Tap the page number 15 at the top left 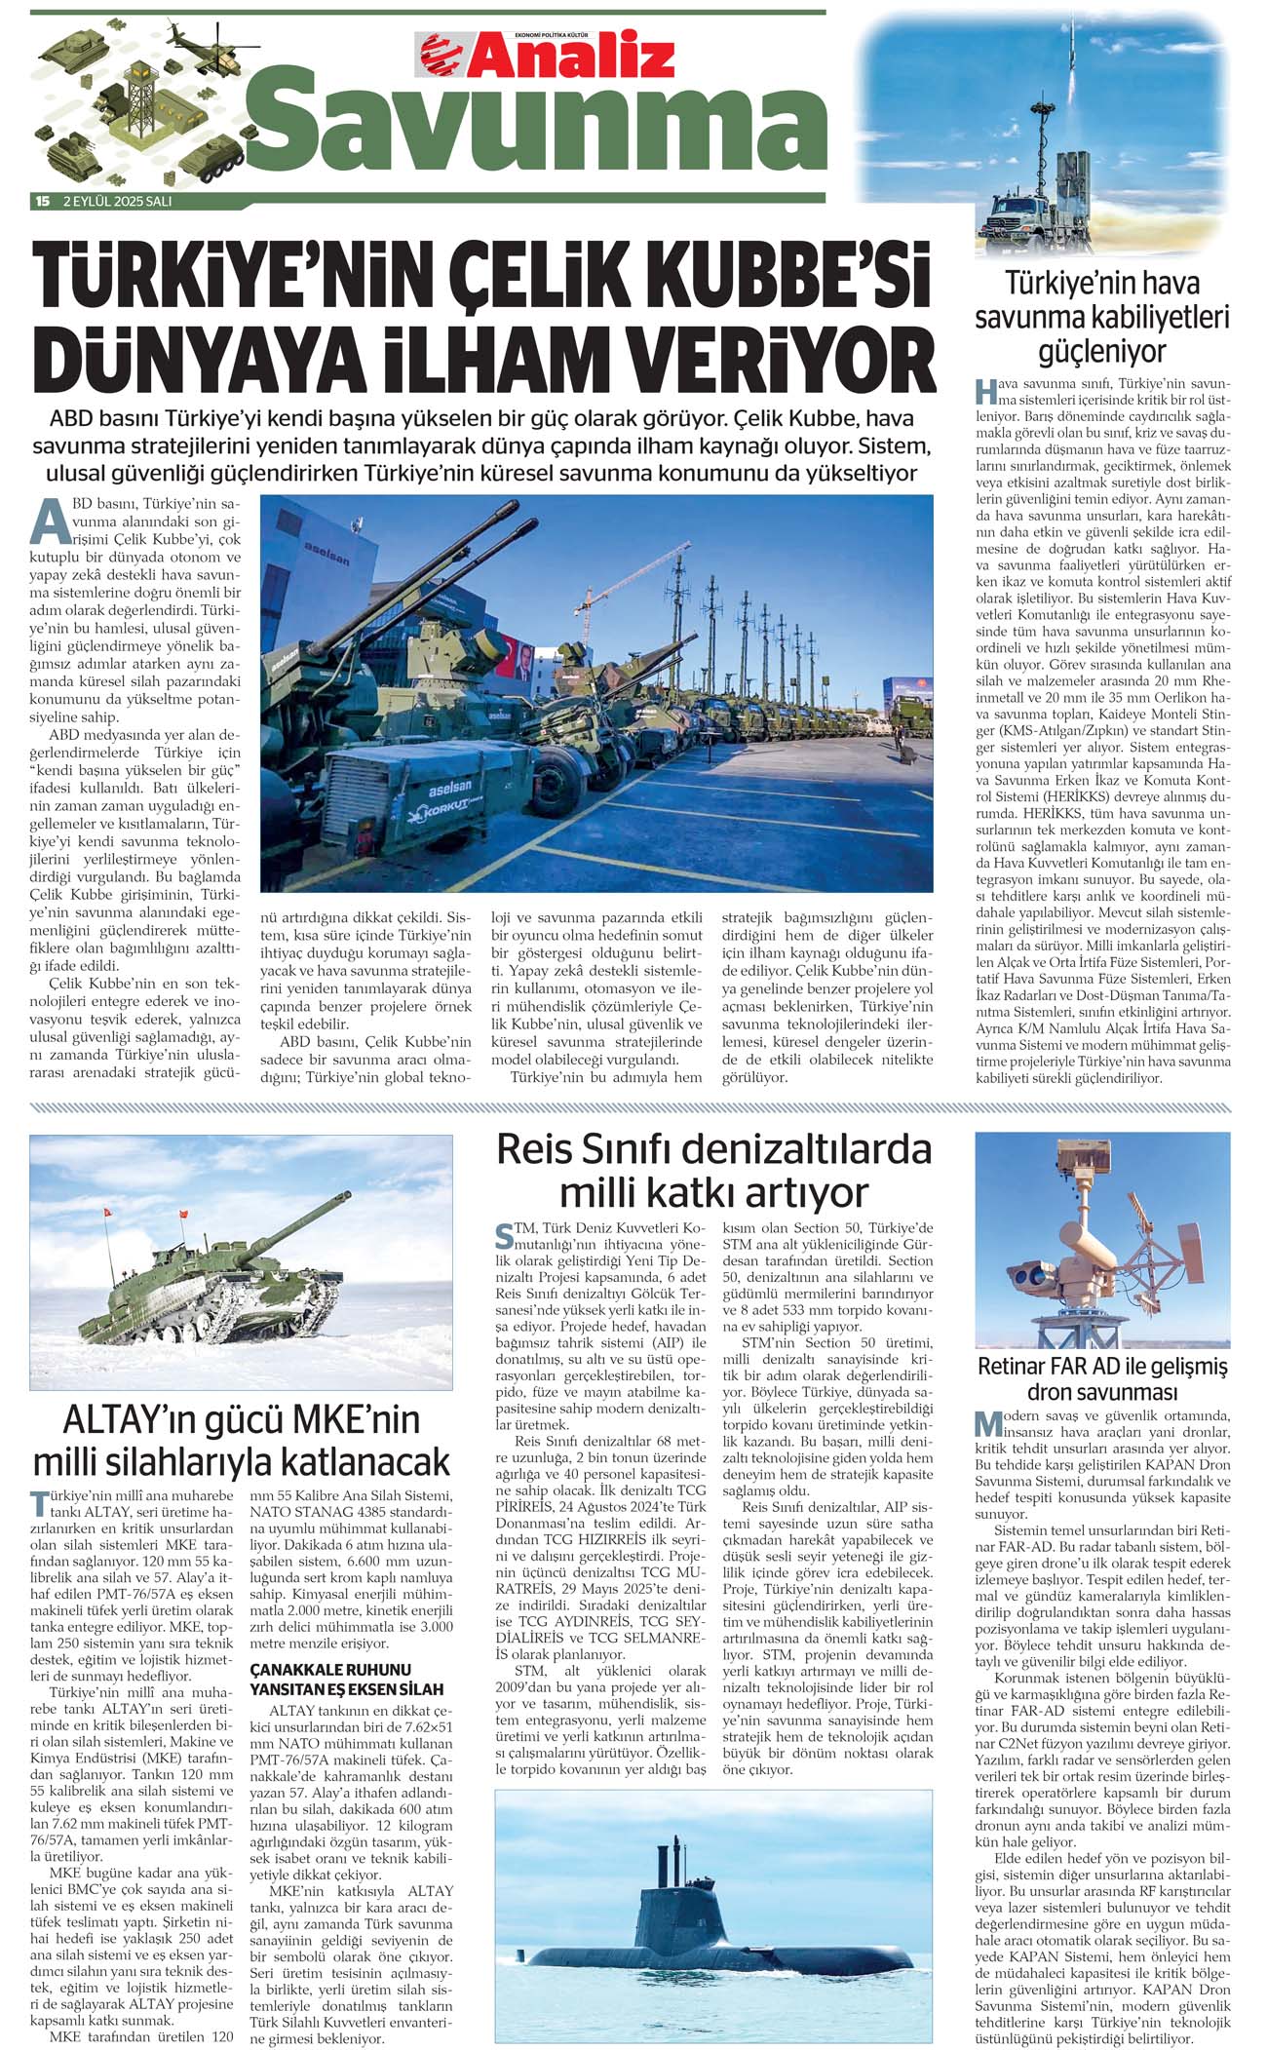coord(42,202)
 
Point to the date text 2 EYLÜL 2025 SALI coord(118,202)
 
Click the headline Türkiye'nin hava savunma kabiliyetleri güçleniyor coord(1101,317)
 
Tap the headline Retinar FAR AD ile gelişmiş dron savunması coord(1102,1378)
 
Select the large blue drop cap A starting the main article coord(48,522)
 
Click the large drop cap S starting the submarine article coord(504,1237)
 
